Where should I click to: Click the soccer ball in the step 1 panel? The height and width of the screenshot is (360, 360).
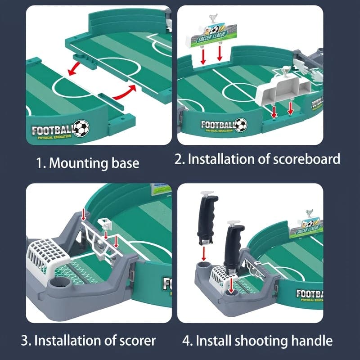81,128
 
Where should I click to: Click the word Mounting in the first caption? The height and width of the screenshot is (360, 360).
76,163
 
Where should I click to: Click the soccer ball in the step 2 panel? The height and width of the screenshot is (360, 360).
241,124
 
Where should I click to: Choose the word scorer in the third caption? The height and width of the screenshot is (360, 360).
135,340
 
